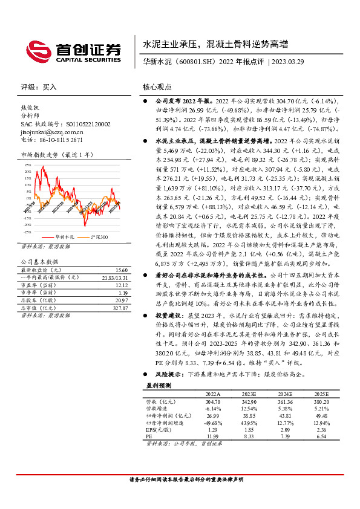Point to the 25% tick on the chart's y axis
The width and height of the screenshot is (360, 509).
click(x=28, y=164)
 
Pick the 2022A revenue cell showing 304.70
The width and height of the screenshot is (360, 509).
click(x=213, y=400)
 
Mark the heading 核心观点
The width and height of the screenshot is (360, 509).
click(x=157, y=87)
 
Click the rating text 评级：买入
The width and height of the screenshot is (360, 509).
click(x=39, y=87)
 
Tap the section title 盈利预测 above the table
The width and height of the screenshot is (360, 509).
click(x=159, y=384)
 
